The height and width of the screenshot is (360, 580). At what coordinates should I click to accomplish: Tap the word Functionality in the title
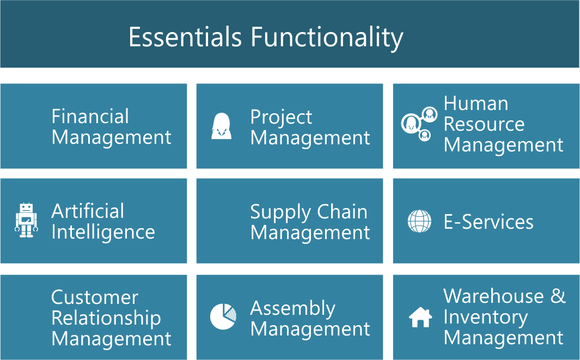[327, 39]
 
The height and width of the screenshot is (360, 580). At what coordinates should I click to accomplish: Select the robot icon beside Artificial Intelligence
[26, 220]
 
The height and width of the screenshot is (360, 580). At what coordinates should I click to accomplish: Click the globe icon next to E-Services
[419, 221]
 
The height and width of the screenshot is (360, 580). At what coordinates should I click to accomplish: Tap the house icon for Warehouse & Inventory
[420, 317]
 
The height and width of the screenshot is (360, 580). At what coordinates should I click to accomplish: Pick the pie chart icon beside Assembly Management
[223, 316]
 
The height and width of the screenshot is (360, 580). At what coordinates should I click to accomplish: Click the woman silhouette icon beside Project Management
[221, 126]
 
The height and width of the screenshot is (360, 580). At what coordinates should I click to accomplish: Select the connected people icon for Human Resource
[419, 124]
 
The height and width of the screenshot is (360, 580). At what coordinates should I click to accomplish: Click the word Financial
[90, 116]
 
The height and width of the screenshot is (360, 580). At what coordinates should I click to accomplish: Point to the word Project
[281, 118]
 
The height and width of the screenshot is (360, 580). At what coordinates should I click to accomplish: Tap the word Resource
[484, 124]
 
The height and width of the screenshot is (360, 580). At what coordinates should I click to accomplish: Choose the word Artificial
[88, 211]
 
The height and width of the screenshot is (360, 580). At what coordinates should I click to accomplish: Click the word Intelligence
[103, 233]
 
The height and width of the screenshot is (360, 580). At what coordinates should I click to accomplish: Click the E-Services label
[489, 222]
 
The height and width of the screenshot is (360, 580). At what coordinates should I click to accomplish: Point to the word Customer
[95, 297]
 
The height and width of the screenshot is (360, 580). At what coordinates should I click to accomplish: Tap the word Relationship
[106, 319]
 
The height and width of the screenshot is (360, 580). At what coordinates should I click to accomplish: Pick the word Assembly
[292, 309]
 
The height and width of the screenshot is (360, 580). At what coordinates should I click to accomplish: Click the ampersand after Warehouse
[558, 296]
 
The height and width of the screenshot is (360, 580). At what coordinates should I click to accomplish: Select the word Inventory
[486, 318]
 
